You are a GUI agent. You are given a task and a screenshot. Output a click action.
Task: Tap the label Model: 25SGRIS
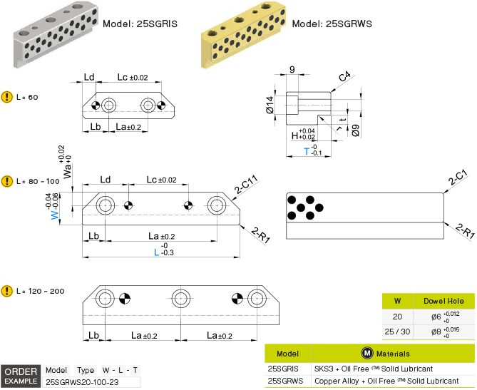[140, 24]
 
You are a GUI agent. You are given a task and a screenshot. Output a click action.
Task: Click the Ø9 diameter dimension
[354, 130]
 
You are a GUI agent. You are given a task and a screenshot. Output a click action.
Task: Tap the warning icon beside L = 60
[7, 96]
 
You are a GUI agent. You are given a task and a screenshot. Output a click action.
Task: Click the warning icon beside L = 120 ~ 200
[7, 290]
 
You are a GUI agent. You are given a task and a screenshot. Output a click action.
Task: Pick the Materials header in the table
[386, 353]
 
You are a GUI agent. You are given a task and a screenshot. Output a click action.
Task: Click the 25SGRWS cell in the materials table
[287, 381]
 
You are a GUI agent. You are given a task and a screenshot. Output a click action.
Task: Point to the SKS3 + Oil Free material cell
[373, 369]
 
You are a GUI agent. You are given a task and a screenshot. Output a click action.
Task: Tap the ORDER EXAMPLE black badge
[21, 376]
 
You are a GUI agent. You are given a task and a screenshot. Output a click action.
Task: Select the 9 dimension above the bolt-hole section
[292, 70]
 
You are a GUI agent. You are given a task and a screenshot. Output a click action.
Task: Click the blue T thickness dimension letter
[307, 151]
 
